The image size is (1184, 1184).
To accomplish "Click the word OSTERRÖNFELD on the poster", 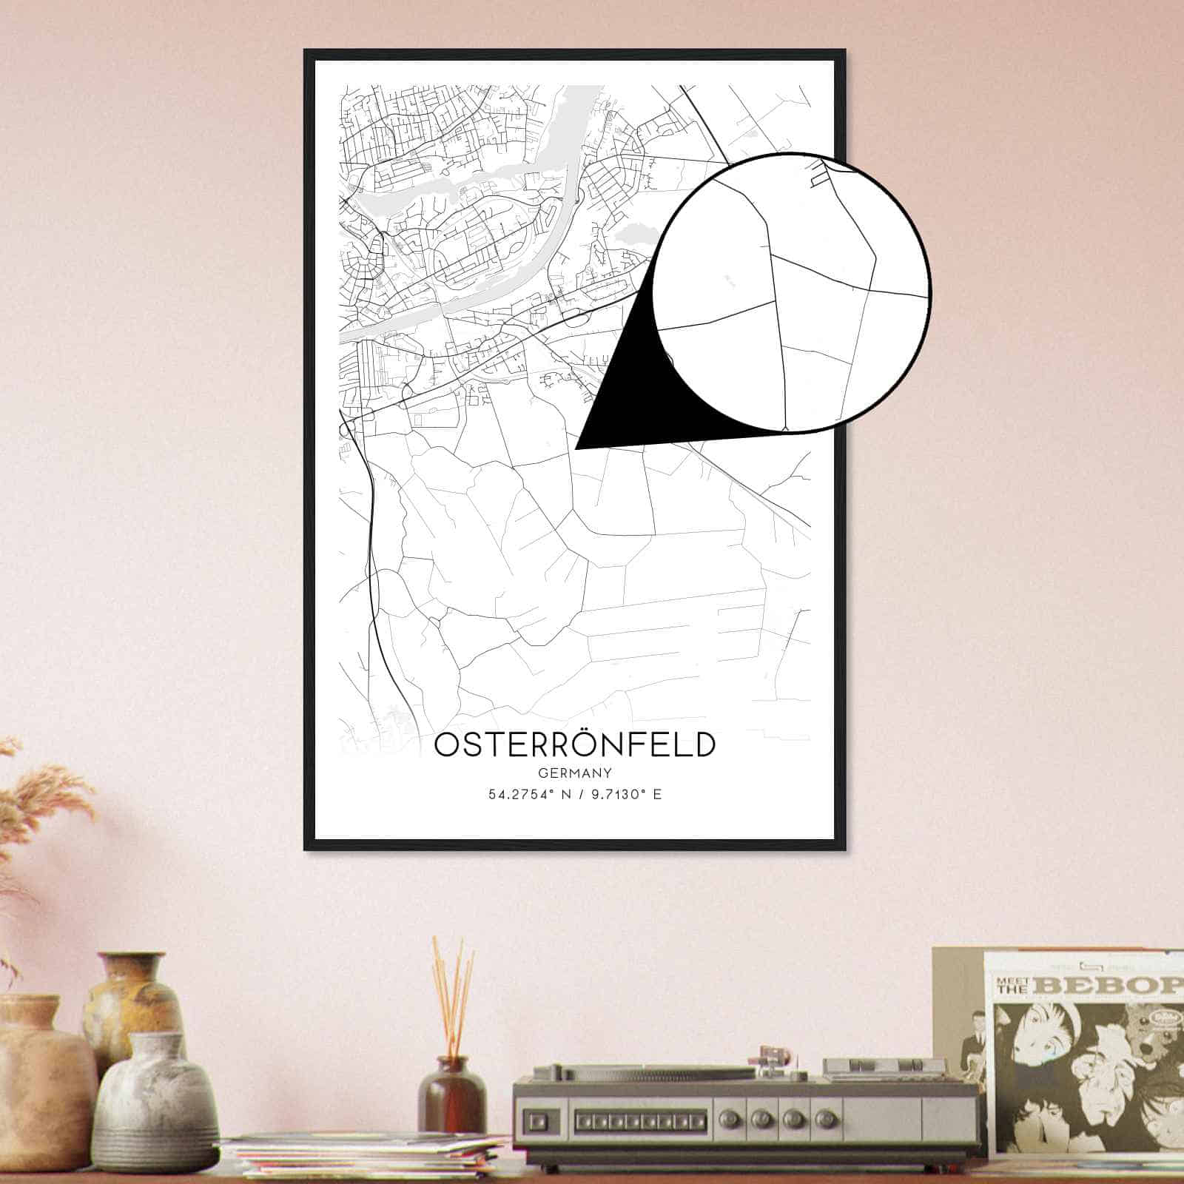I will [x=574, y=745].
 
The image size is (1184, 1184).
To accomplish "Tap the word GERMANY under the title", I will [x=575, y=773].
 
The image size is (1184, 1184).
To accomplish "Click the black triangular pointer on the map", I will [x=622, y=400].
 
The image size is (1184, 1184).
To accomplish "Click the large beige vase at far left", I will [x=41, y=1073].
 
